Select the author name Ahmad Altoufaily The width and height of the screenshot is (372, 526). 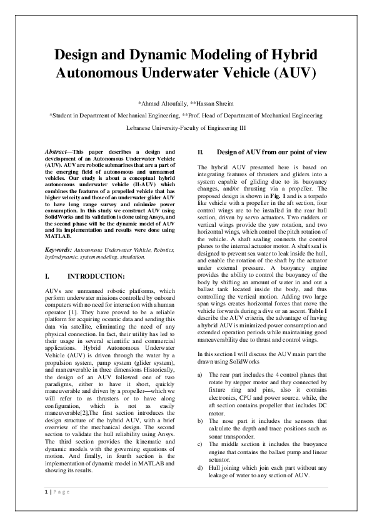point(164,102)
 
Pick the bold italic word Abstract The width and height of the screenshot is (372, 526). point(59,152)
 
